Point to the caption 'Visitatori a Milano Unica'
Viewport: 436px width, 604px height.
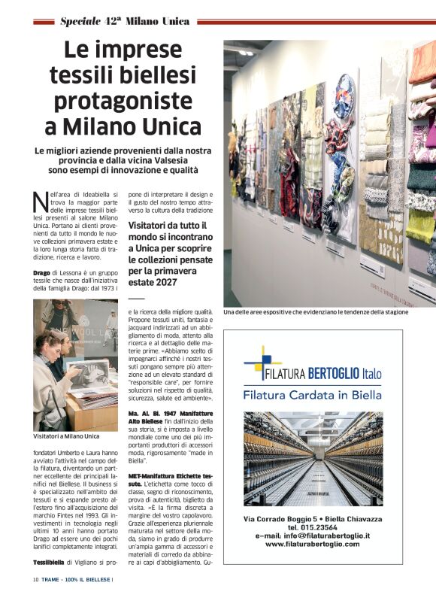[x=66, y=436]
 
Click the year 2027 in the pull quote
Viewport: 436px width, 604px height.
[x=163, y=282]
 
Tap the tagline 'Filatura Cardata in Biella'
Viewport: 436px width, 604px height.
[x=312, y=395]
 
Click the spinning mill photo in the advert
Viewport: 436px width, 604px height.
[x=313, y=458]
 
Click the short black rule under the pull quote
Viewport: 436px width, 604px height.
[x=136, y=297]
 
